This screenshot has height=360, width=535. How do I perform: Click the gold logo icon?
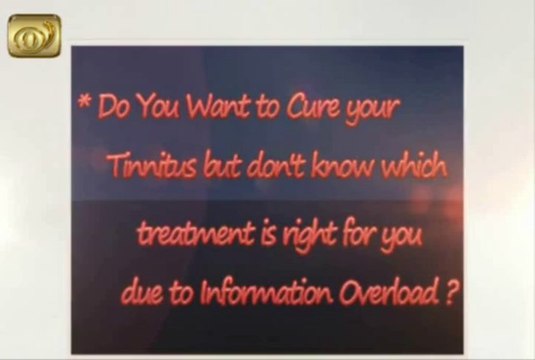pyautogui.click(x=34, y=36)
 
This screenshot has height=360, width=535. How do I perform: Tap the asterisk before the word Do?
pyautogui.click(x=85, y=100)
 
